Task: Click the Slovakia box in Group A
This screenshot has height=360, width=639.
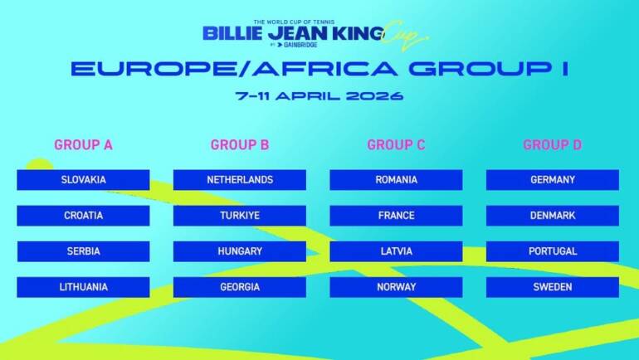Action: tap(83, 180)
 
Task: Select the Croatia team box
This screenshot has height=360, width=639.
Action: tap(83, 216)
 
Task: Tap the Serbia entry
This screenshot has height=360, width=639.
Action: tap(83, 251)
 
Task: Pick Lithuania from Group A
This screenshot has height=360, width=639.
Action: tap(83, 287)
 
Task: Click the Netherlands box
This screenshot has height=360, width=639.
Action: tap(240, 180)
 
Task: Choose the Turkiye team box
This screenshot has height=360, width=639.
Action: tap(240, 216)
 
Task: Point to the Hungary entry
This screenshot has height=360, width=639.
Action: tap(240, 251)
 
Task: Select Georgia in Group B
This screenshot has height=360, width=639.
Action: tap(240, 287)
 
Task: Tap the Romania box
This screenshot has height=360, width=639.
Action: tap(396, 180)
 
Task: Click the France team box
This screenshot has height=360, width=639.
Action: tap(396, 216)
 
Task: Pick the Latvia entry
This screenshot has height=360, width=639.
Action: tap(396, 251)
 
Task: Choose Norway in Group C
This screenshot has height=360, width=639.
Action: tap(396, 287)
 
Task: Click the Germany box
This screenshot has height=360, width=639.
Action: tap(553, 180)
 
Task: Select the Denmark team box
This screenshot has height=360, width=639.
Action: tap(553, 216)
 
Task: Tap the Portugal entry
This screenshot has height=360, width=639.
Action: tap(553, 251)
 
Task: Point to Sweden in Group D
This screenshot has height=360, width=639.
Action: tap(553, 287)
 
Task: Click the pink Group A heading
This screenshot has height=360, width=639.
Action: tap(83, 145)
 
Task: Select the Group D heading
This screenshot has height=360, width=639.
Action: tap(553, 145)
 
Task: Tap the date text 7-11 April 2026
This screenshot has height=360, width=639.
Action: tap(319, 95)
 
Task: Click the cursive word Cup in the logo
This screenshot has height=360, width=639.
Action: tap(408, 35)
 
